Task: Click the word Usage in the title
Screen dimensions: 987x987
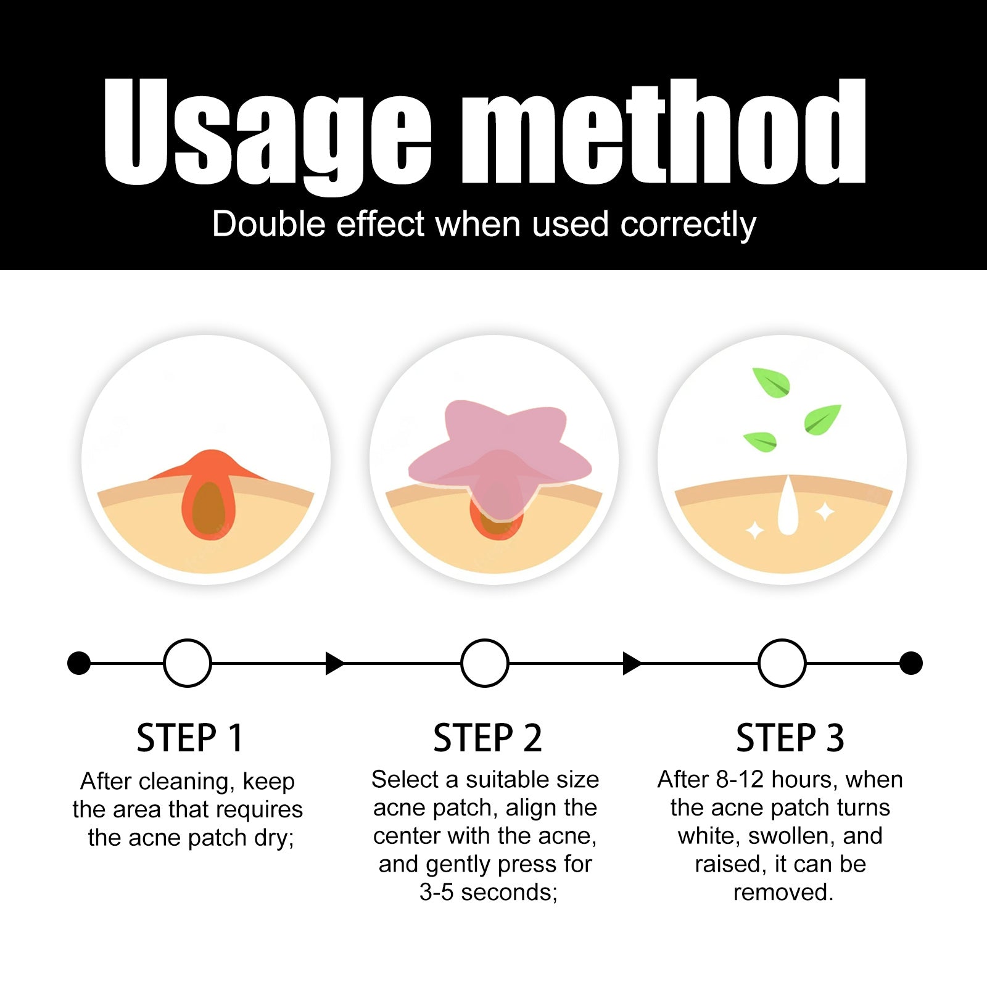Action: [268, 136]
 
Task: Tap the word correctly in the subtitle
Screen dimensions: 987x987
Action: [688, 225]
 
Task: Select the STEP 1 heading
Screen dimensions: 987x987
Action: [190, 738]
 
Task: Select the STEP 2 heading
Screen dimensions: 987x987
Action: [487, 738]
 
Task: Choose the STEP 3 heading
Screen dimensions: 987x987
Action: [790, 738]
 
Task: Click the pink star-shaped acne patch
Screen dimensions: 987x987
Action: [500, 456]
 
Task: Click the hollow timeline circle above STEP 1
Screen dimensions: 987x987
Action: [188, 640]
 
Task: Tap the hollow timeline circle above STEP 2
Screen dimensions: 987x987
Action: [485, 640]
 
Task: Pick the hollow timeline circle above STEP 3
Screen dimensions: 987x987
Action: [782, 640]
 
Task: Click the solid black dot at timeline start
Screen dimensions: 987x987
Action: [79, 663]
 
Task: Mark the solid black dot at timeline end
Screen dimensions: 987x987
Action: [911, 663]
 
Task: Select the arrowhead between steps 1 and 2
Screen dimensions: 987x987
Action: [334, 663]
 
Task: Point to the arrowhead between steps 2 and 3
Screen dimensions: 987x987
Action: [632, 663]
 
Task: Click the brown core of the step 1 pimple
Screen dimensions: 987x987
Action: [209, 510]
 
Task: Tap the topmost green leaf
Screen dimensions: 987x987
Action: [771, 382]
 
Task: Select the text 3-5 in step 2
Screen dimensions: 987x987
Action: [436, 893]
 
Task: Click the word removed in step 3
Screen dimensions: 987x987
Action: [783, 893]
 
